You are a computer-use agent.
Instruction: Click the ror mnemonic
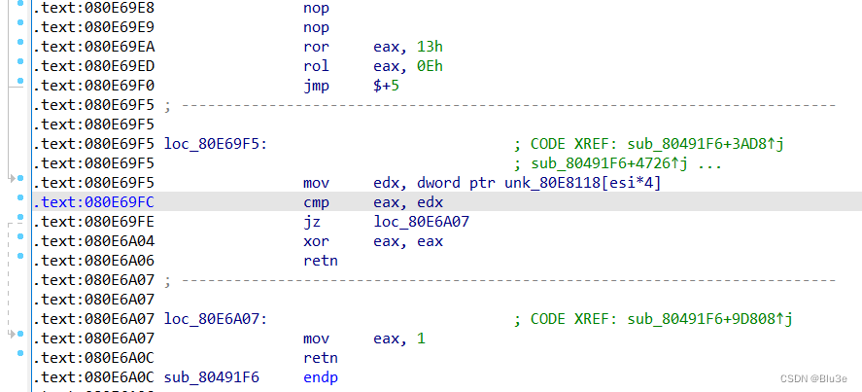point(316,47)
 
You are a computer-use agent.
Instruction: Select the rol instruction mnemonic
point(316,66)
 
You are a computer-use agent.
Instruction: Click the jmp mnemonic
point(316,86)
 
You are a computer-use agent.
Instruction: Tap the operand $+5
point(386,86)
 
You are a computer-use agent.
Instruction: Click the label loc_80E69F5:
point(216,144)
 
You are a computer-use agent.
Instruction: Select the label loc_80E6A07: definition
point(216,319)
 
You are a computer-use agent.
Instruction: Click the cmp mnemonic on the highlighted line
point(316,202)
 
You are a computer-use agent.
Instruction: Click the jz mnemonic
point(312,222)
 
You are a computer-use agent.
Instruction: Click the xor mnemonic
point(316,241)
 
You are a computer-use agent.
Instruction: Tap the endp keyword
point(320,377)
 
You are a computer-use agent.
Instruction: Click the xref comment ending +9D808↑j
point(653,319)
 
